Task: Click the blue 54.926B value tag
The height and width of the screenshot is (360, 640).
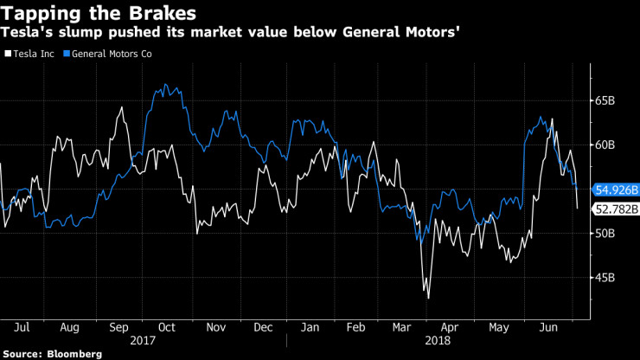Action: pos(616,189)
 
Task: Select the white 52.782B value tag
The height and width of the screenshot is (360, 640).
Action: pos(616,209)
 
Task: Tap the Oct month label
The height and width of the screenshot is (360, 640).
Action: pos(166,329)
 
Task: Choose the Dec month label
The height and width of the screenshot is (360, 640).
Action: pos(262,329)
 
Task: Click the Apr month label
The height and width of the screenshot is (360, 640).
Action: pos(450,329)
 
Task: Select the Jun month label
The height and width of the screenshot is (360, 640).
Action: pos(546,329)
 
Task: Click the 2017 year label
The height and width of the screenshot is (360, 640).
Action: pos(142,341)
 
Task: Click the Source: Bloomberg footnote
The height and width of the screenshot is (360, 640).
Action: pos(52,354)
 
